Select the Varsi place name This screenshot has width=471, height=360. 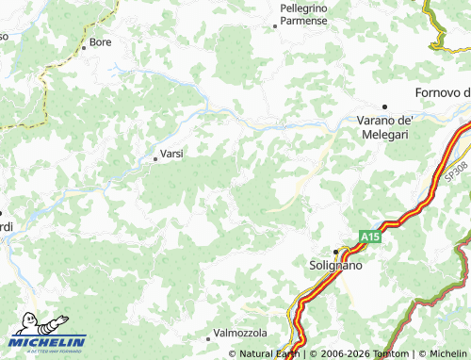pyautogui.click(x=171, y=153)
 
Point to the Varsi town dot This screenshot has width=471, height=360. pyautogui.click(x=155, y=158)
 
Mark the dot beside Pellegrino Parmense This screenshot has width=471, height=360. pyautogui.click(x=275, y=26)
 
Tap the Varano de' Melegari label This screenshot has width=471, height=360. pyautogui.click(x=387, y=127)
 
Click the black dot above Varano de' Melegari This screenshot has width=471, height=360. pyautogui.click(x=384, y=106)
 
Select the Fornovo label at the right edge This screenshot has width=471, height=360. pyautogui.click(x=443, y=92)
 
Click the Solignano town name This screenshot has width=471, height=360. pyautogui.click(x=335, y=267)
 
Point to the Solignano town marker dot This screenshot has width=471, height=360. pyautogui.click(x=335, y=251)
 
